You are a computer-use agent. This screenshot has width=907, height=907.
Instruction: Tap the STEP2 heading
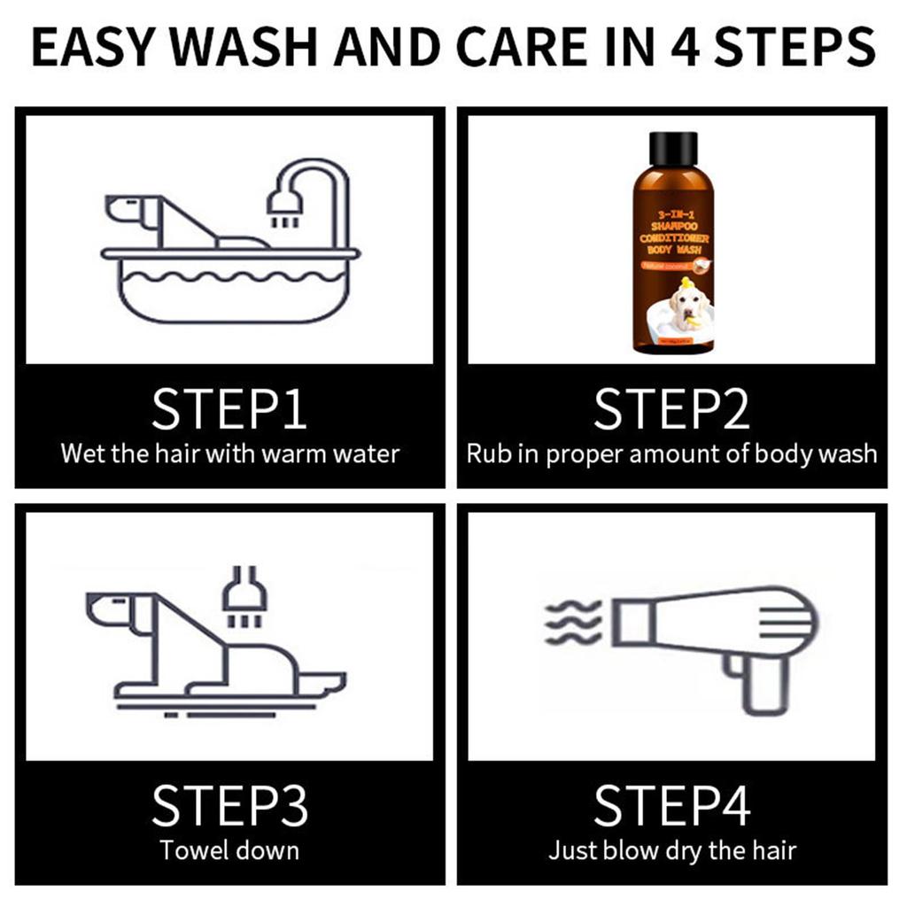click(x=671, y=408)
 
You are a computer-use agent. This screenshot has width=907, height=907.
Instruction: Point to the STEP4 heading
click(x=671, y=805)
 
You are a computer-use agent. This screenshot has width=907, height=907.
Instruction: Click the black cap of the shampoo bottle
click(x=672, y=149)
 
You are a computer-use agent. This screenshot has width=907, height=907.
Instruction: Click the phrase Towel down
click(x=229, y=851)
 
